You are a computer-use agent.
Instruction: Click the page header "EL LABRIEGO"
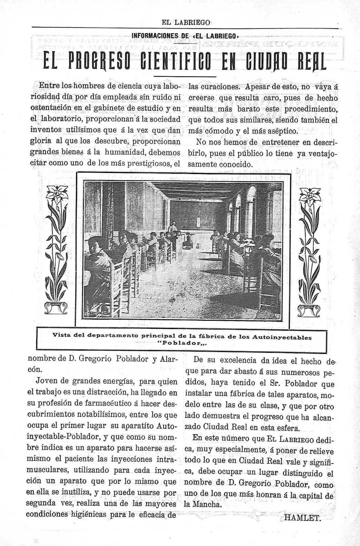[x=186, y=22]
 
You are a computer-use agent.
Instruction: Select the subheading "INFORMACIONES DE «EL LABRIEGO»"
[x=185, y=36]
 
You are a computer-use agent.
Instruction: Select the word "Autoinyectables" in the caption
[x=282, y=337]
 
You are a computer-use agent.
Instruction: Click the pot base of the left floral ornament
[x=55, y=308]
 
